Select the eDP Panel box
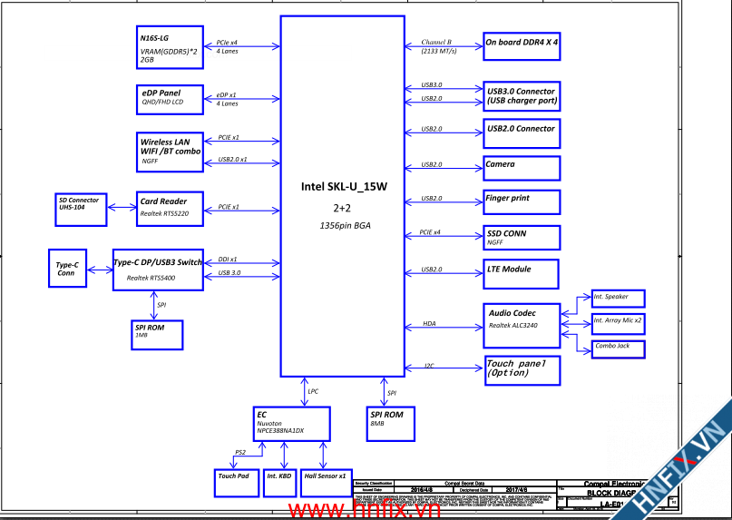point(171,97)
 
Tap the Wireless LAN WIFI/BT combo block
point(171,152)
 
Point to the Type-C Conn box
point(66,269)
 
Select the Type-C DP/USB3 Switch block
point(159,270)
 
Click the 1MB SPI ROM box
point(156,335)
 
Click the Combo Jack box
point(619,348)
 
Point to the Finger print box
point(522,201)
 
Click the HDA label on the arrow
point(429,324)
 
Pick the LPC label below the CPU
point(313,391)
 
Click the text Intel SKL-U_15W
point(344,187)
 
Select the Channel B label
point(437,43)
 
